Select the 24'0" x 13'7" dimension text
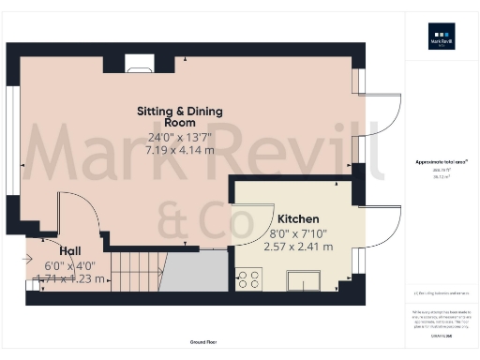click(179, 136)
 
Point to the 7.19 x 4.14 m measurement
click(179, 148)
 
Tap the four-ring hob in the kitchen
click(250, 278)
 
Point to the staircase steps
click(131, 271)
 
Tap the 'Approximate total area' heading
click(441, 162)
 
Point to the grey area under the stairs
click(199, 272)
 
